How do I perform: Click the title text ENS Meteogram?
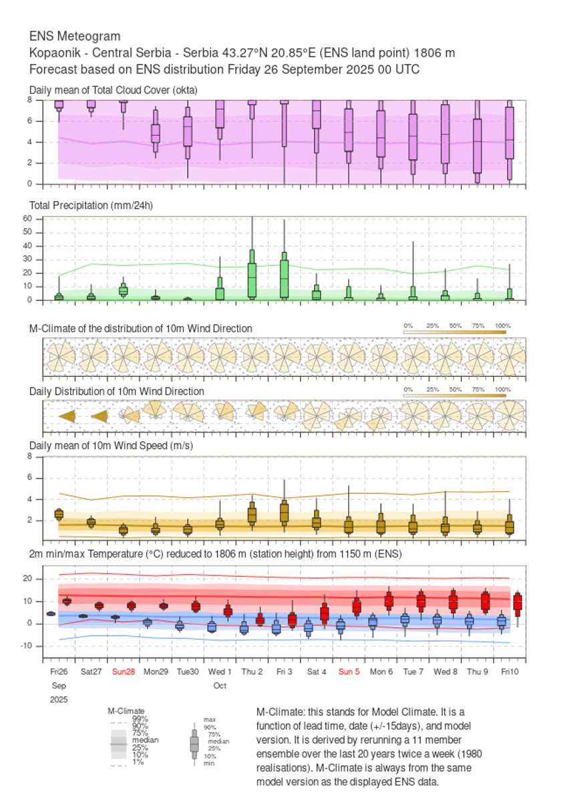pos(75,36)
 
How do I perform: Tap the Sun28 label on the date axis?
pos(124,671)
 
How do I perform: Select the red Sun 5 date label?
pos(349,671)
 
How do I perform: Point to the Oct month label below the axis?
pos(220,686)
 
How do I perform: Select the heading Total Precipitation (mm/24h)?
pos(91,205)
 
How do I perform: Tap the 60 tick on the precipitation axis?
pos(28,219)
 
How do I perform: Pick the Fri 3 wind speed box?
pos(284,511)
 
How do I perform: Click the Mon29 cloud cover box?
pos(155,133)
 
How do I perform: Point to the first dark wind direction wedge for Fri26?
pos(67,416)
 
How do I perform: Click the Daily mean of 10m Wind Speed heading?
pos(111,446)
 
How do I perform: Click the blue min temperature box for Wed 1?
pos(212,627)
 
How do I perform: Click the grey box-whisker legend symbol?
pos(194,743)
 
